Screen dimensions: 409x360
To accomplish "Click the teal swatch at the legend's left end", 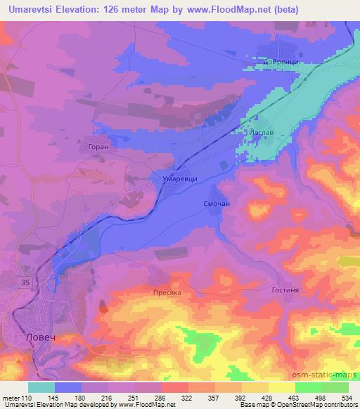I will (41, 387).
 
